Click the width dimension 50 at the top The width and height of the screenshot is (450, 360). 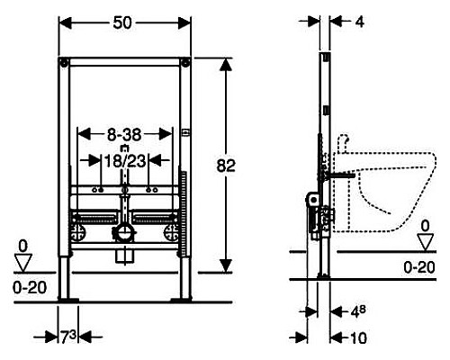(122, 22)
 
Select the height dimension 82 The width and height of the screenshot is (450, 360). (226, 166)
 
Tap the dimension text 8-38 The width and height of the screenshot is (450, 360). (124, 135)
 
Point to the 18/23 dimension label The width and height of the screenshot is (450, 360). (125, 161)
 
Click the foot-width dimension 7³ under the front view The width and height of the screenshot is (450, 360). (68, 337)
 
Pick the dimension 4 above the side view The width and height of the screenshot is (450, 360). (360, 22)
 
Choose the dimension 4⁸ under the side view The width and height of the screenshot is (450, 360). (358, 312)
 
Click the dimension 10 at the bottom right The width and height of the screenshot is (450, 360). (358, 338)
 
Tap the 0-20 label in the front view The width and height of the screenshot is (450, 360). (30, 288)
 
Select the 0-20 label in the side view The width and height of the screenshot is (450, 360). (419, 267)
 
